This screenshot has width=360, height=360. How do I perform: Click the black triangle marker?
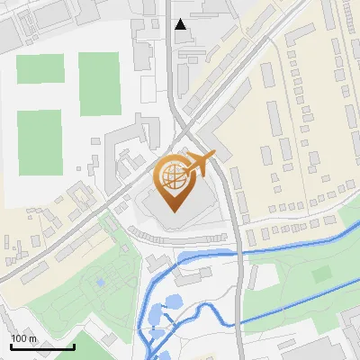[x=181, y=24]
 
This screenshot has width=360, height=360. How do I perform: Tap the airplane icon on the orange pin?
[x=200, y=163]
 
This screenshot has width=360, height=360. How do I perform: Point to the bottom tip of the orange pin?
[x=174, y=211]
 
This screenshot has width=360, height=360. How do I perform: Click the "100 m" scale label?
[x=24, y=338]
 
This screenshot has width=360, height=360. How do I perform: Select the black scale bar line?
[x=42, y=346]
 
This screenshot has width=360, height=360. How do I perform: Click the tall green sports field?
[x=99, y=84]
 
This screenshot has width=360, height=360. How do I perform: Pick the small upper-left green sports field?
[x=35, y=69]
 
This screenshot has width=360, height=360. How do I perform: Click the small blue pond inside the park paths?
[x=99, y=283]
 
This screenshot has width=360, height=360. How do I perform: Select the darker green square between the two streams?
[x=321, y=274]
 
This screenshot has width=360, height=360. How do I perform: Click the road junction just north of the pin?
[x=185, y=126]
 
